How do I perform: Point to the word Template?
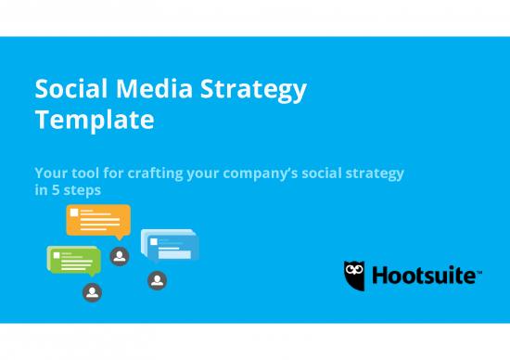click(x=94, y=121)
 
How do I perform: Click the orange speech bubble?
click(x=97, y=219)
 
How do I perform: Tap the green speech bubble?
click(x=72, y=258)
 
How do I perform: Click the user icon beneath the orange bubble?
click(x=119, y=256)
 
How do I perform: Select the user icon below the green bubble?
click(x=91, y=292)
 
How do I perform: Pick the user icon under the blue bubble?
click(x=157, y=280)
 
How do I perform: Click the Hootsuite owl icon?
click(x=354, y=275)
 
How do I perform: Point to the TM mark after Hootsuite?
click(x=478, y=271)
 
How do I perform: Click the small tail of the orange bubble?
click(x=119, y=237)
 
